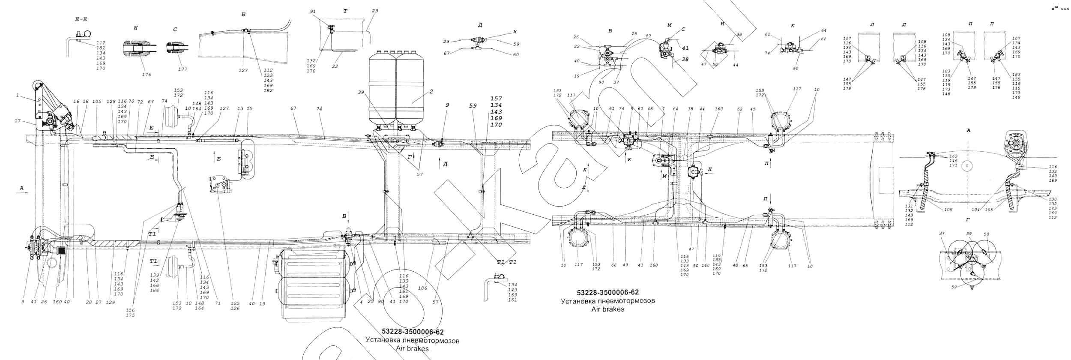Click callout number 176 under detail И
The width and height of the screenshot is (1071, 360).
coord(147,75)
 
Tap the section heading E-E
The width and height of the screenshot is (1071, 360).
coord(81,20)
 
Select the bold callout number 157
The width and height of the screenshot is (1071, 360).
coord(496,99)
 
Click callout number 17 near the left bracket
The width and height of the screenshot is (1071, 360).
coord(18,121)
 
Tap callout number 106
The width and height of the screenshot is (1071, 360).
coord(423,288)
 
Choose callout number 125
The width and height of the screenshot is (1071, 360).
coord(235,303)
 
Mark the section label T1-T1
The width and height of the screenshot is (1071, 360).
coord(507,262)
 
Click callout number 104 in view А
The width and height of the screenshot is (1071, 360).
coord(984,210)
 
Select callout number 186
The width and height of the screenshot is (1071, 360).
coord(154,291)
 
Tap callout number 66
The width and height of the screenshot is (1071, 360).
coord(614,265)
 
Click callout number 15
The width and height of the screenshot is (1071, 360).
coord(250,109)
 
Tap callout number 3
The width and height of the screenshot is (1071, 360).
coord(23,302)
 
